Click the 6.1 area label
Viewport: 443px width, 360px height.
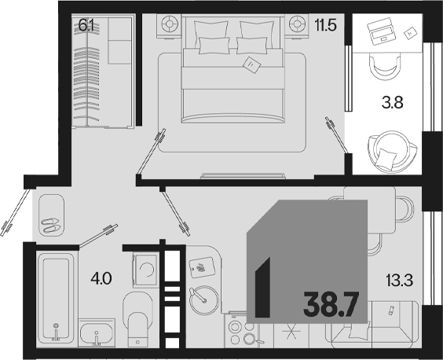coord(86,25)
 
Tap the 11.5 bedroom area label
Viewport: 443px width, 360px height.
coord(326,25)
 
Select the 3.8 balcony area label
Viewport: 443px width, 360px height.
coord(392,102)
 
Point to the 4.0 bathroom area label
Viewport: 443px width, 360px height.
coord(101,278)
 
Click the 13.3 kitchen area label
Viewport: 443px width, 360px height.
coord(400,281)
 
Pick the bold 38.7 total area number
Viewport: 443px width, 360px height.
coord(331,305)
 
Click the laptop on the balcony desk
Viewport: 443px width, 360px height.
coord(380,31)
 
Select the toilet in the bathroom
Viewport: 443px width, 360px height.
coord(137,320)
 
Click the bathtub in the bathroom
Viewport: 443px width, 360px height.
coord(56,297)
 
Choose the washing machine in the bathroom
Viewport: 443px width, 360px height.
coord(146,270)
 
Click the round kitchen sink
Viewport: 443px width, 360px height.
coord(204,299)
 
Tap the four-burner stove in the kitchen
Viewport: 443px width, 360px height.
coord(241,332)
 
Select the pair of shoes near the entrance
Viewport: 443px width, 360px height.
coord(50,225)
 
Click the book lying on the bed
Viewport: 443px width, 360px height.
coord(252,65)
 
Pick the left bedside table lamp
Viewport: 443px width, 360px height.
coord(169,24)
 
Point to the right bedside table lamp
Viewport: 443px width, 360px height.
coord(297,24)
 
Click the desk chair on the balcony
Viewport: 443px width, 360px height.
coord(386,68)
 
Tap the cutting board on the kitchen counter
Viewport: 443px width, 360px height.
coord(202,267)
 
